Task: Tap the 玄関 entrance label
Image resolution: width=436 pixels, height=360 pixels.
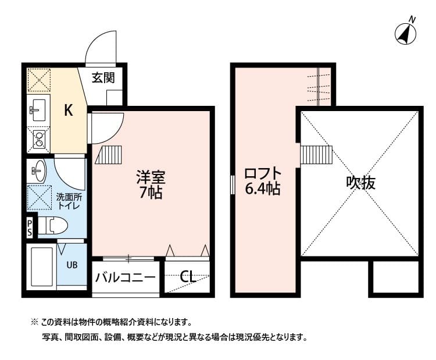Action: tap(105, 77)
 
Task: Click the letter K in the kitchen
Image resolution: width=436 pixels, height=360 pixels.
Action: tap(69, 111)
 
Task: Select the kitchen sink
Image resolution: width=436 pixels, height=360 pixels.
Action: tap(38, 108)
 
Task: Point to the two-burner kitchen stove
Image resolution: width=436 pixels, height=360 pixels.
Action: tap(39, 138)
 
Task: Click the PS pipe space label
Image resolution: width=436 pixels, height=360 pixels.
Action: tap(30, 227)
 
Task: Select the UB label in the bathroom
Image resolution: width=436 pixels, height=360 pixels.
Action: tap(72, 265)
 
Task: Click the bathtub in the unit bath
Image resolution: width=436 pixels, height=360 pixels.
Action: tap(42, 268)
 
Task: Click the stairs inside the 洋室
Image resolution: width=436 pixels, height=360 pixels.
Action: tap(109, 156)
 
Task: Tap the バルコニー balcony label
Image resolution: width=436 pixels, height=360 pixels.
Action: tap(126, 277)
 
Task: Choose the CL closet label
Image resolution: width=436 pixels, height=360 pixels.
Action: tap(187, 277)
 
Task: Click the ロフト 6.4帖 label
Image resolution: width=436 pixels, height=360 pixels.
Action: tap(263, 181)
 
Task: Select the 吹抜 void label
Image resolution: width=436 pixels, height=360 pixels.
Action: tap(361, 183)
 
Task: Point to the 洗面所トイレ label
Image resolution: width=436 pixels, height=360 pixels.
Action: tap(68, 201)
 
